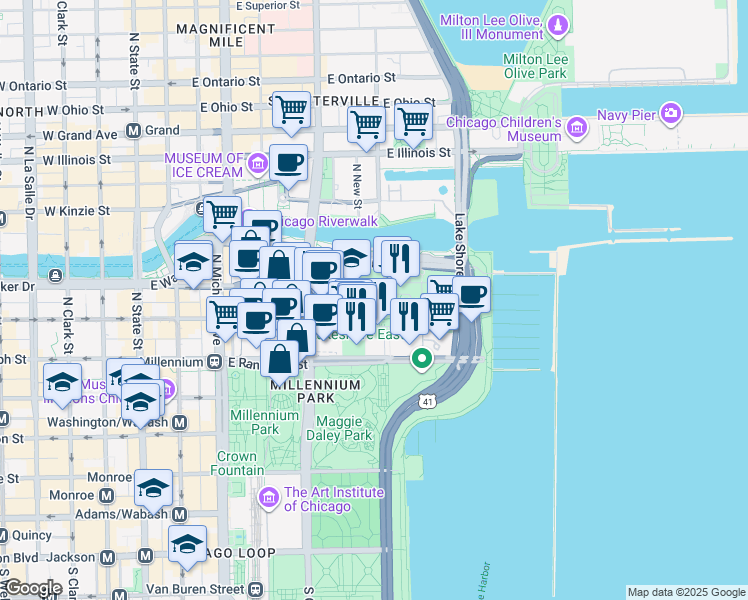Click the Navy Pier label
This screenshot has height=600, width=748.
[x=626, y=114]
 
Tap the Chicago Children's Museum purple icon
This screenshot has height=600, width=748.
[x=576, y=128]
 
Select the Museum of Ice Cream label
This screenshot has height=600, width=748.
[x=204, y=165]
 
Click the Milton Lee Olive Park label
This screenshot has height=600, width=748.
[x=536, y=67]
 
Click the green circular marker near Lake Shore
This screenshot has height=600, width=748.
[x=422, y=356]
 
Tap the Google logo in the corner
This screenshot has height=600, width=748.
[x=32, y=588]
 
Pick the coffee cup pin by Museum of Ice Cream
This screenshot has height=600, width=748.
[x=289, y=164]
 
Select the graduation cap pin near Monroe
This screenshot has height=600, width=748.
[x=153, y=488]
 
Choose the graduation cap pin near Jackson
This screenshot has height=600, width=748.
[x=187, y=544]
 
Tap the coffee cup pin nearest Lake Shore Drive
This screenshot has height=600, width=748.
[x=471, y=295]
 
